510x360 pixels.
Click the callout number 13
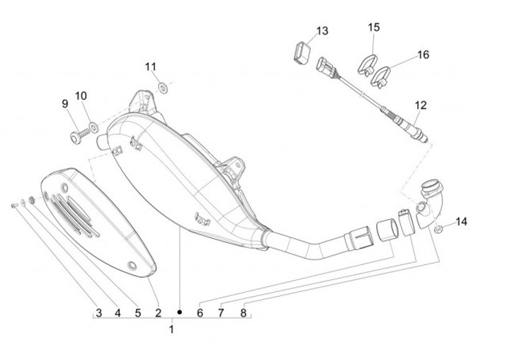click(x=322, y=31)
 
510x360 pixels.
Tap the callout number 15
click(x=373, y=27)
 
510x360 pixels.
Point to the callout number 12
click(x=420, y=105)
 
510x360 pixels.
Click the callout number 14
click(x=461, y=222)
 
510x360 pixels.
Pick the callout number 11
click(x=150, y=67)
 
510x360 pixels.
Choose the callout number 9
click(x=65, y=103)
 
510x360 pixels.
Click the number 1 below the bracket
click(x=172, y=329)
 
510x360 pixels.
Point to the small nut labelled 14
click(x=439, y=228)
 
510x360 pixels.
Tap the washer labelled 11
click(x=163, y=87)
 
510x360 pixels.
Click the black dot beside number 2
click(x=180, y=312)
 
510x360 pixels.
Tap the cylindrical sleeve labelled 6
click(x=387, y=231)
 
